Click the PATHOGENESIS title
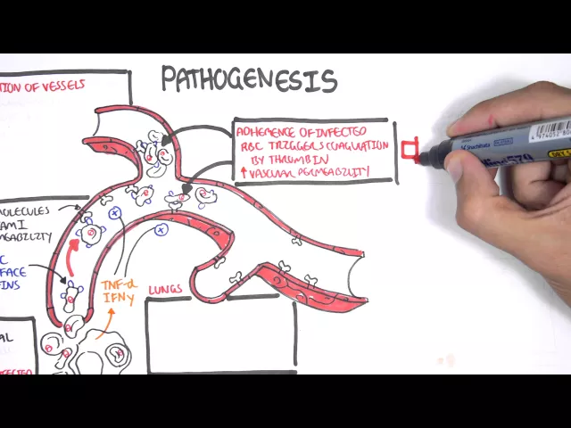point(249,81)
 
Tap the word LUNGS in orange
point(167,289)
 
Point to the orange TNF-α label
point(117,285)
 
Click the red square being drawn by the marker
point(410,151)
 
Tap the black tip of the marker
point(426,158)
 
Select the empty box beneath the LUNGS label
point(219,333)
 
